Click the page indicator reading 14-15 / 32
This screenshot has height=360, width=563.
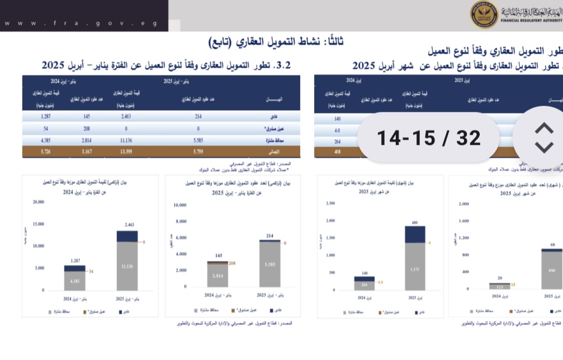click(x=429, y=138)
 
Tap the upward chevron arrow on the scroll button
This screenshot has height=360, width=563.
click(x=544, y=128)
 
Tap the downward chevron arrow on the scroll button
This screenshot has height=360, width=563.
click(x=544, y=147)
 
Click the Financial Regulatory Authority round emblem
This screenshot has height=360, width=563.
click(x=484, y=15)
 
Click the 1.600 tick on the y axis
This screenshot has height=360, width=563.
click(x=462, y=221)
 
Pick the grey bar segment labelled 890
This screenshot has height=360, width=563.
click(x=552, y=270)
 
